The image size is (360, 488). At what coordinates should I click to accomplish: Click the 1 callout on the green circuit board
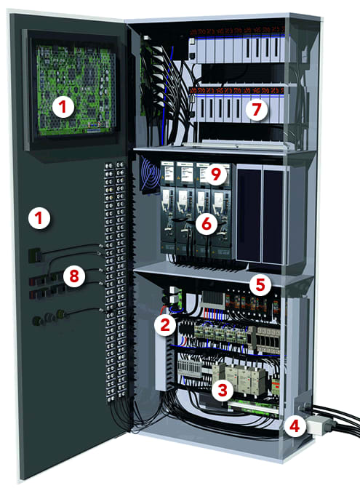(64, 107)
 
